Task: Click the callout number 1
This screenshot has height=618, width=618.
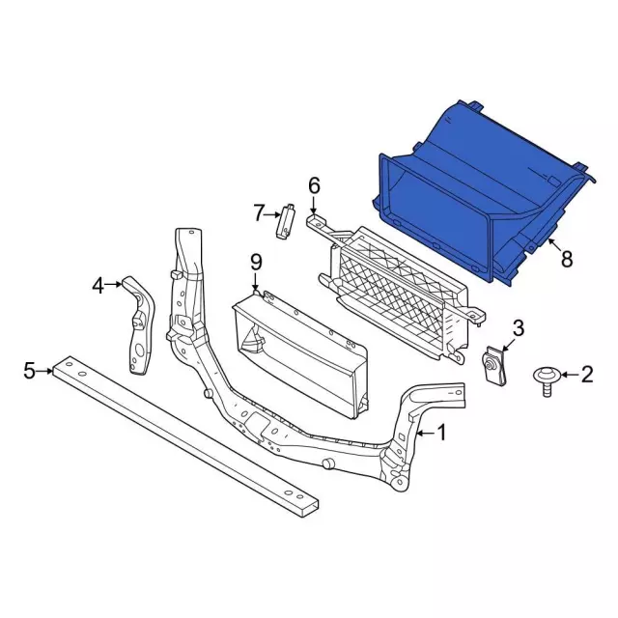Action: tap(442, 433)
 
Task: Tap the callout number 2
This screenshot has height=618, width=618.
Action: tap(587, 374)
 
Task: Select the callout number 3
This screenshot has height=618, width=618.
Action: tap(519, 328)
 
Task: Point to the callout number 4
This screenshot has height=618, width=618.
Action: tap(98, 286)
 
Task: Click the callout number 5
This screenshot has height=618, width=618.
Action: tap(30, 371)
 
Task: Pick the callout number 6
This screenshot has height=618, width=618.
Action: tap(314, 185)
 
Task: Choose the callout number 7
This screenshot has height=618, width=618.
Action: tap(258, 213)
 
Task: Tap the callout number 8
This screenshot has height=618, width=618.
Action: tap(567, 259)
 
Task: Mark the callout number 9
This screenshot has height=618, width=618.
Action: tap(256, 263)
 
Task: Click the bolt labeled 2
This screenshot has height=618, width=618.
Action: tap(547, 380)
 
